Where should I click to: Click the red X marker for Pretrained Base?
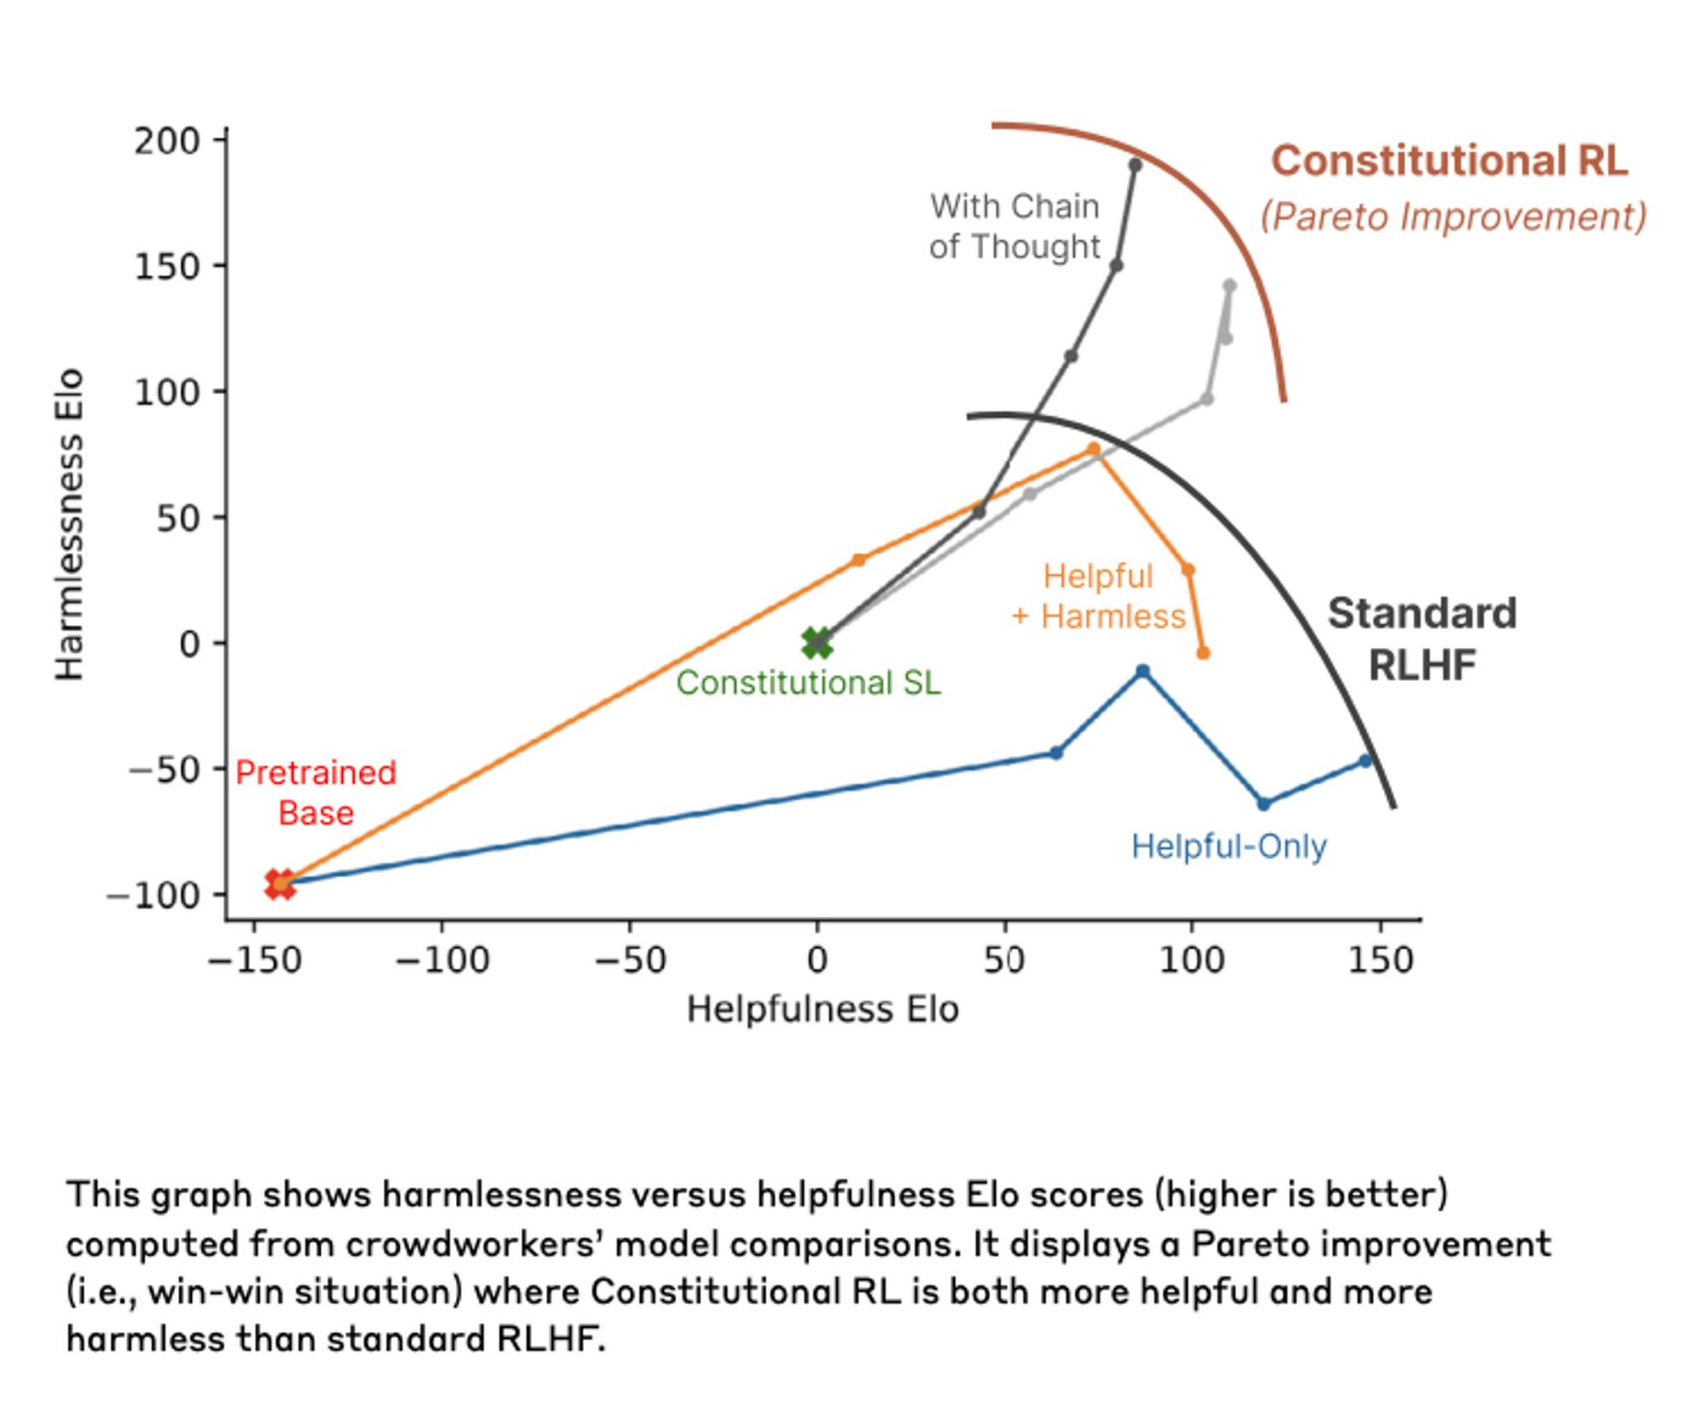click(280, 884)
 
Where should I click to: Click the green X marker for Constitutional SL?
click(817, 643)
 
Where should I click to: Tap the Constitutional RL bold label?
click(1449, 161)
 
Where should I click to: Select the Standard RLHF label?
click(1422, 639)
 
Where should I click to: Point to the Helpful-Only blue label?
click(1229, 847)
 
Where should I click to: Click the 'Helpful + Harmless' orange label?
click(1099, 596)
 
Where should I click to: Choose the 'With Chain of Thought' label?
click(1015, 227)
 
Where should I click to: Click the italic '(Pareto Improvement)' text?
click(1453, 217)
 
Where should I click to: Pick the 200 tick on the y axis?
click(166, 141)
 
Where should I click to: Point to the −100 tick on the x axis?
click(442, 960)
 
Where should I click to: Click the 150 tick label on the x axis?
click(1380, 960)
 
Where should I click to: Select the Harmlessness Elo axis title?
click(70, 524)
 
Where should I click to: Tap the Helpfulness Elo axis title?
click(823, 1010)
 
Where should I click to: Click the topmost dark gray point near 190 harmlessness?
click(1135, 165)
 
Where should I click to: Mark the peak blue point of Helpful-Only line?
click(1143, 672)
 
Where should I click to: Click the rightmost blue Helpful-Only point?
click(1365, 761)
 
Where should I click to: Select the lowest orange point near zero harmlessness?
click(1203, 653)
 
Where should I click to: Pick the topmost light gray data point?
click(1230, 286)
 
